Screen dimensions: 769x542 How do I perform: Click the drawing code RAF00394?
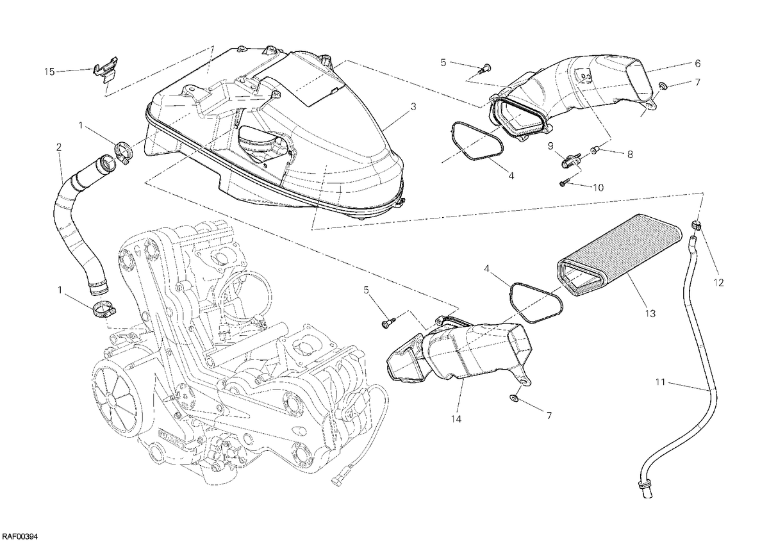coord(20,536)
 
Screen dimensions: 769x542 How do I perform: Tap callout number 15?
coord(49,72)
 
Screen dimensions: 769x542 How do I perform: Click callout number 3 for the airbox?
coord(413,107)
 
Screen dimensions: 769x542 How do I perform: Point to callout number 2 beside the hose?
coord(59,147)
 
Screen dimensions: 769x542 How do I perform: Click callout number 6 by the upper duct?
coord(697,63)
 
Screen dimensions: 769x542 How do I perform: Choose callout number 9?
coord(550,146)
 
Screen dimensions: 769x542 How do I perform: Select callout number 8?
coord(630,154)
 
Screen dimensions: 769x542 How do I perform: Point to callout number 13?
coord(650,313)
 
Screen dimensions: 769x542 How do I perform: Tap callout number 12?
coord(718,283)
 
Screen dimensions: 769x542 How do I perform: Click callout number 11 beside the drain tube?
coord(661,382)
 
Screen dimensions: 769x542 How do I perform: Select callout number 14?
coord(456,419)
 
